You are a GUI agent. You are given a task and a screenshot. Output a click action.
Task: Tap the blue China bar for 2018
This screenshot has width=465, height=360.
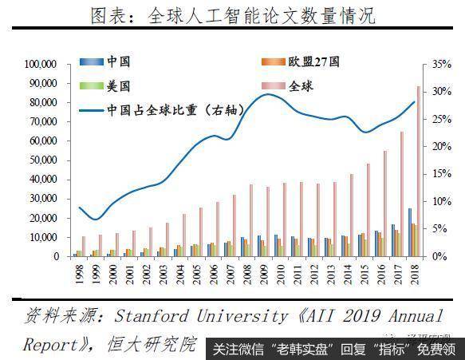coord(410,232)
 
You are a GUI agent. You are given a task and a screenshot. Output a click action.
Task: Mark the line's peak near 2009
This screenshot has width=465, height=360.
coord(269,94)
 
